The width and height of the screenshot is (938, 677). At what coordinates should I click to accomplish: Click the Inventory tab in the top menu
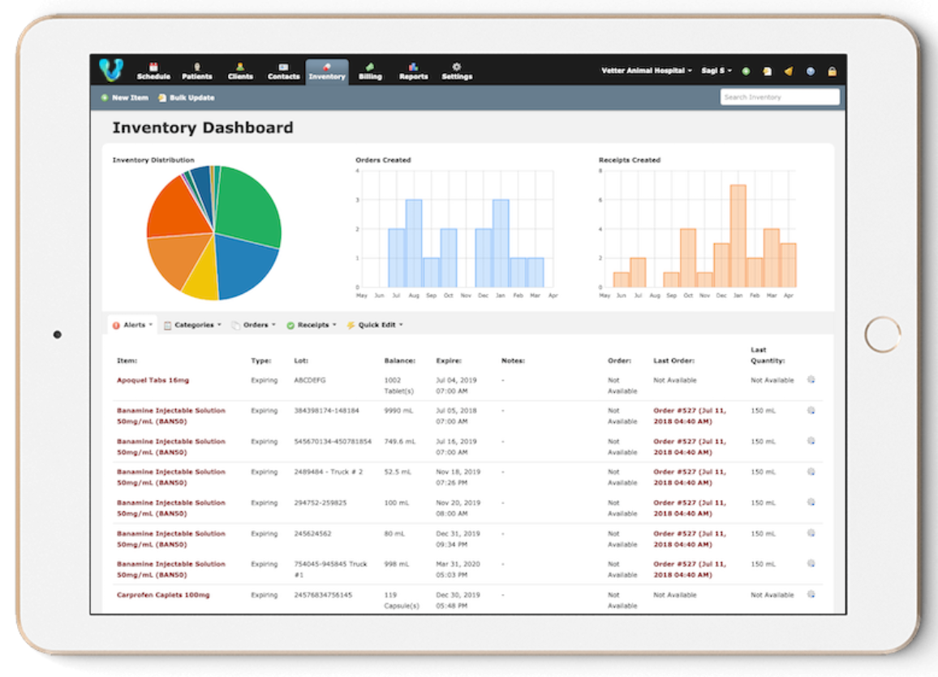pos(327,71)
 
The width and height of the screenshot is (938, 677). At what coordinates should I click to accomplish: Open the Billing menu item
pos(370,71)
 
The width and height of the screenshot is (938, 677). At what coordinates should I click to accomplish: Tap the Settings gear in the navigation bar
pos(457,71)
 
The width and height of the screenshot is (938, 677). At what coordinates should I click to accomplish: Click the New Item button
pos(125,97)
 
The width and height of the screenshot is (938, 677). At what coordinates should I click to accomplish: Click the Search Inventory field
pos(779,97)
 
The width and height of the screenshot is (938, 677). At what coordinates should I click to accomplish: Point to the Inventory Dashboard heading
pos(203,128)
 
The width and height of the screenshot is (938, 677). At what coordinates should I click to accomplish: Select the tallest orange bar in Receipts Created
pos(738,235)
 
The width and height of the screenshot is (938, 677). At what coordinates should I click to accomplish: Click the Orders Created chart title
pos(383,160)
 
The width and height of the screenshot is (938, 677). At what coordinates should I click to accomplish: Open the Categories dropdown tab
pos(192,325)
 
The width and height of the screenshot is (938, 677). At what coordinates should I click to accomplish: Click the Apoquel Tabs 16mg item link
pos(153,380)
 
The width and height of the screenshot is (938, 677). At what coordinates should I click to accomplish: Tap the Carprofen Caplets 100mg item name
pos(163,595)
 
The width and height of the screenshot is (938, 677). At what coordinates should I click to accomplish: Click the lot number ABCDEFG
pos(310,380)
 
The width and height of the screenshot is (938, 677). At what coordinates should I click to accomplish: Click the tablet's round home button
pos(882,334)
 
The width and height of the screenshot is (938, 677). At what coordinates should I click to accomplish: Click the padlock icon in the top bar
pos(832,71)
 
